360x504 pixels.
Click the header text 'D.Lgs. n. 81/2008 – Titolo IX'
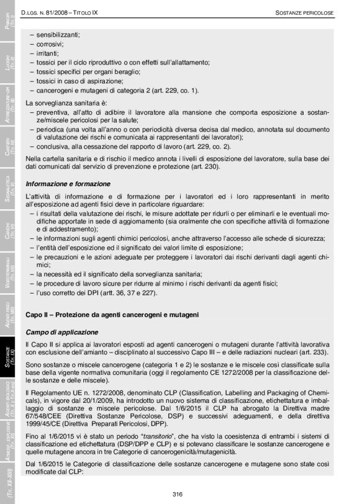(61, 12)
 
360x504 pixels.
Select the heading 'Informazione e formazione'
(68, 184)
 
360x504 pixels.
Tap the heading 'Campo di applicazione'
(61, 332)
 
